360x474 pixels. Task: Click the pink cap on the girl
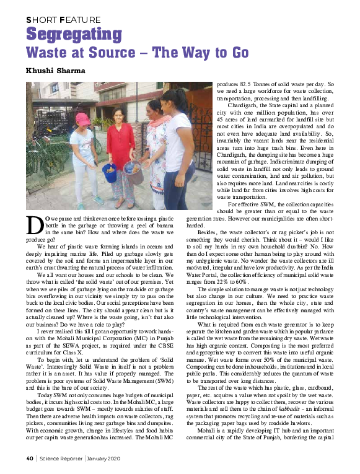tap(82, 118)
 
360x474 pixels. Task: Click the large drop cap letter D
tap(35, 225)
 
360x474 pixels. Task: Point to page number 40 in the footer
tap(29, 459)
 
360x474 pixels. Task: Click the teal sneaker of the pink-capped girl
tap(98, 200)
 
